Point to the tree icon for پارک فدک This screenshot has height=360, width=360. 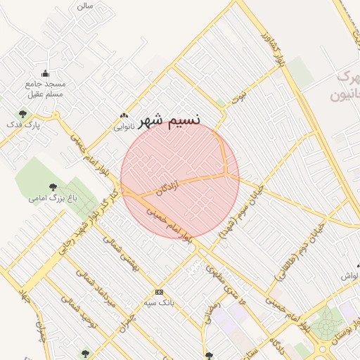[x=22, y=114]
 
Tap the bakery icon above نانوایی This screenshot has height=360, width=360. [x=124, y=116]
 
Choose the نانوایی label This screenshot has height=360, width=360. [x=123, y=128]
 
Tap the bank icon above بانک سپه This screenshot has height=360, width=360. [x=159, y=292]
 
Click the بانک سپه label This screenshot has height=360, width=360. [x=159, y=303]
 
